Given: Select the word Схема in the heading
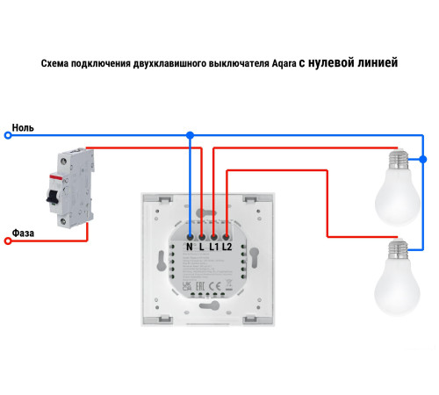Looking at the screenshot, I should [57, 64].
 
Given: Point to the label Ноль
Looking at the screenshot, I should [23, 127].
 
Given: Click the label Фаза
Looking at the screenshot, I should [24, 233].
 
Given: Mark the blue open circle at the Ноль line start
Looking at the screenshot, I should [9, 135].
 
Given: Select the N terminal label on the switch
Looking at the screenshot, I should [189, 247].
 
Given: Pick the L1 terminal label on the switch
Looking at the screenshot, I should [213, 247].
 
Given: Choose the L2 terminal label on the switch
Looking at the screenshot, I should [227, 247].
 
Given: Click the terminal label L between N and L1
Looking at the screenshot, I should [201, 247].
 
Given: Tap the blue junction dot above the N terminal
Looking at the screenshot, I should [189, 135].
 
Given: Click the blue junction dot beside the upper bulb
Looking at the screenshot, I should [423, 160].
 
